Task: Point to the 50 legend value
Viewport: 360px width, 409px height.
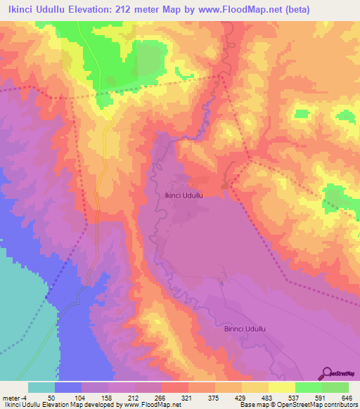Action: tap(51, 398)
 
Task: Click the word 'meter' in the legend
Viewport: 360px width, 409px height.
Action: tap(10, 398)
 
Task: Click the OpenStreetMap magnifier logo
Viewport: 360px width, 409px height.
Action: tap(327, 373)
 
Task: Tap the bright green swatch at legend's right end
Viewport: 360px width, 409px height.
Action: tap(335, 387)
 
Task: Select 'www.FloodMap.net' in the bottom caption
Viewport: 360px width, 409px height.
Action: tap(150, 405)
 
